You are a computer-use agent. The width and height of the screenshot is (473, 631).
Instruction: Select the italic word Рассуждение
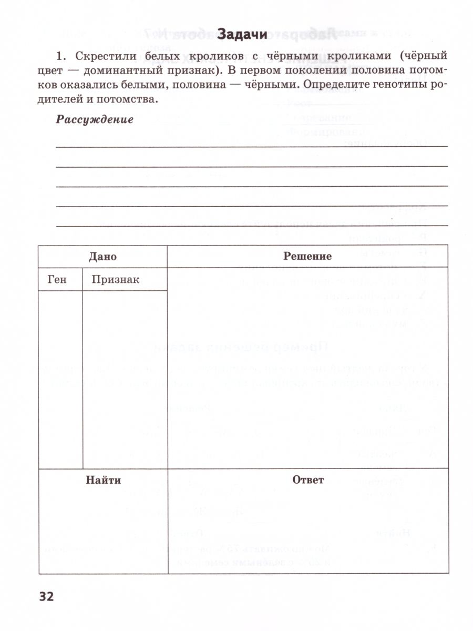pos(95,119)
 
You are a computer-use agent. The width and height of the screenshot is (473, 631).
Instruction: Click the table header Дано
pos(102,257)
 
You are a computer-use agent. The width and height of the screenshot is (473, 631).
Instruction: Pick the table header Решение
pos(307,256)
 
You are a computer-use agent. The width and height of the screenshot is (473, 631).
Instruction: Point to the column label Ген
pos(57,280)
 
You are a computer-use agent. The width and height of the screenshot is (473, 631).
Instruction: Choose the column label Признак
pos(115,280)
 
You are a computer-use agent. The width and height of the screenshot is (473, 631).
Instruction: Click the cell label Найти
pos(103,480)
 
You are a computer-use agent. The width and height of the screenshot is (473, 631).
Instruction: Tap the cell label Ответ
pos(308,480)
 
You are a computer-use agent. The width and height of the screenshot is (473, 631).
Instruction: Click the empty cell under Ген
pos(60,379)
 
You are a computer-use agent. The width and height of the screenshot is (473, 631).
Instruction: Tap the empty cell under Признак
pos(125,379)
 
